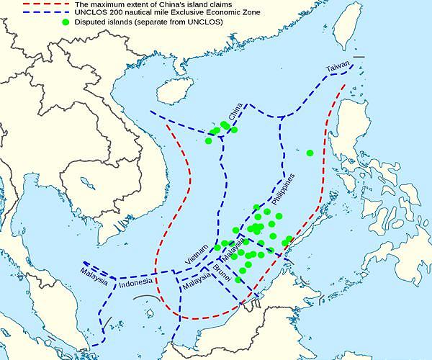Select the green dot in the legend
[x=66, y=22]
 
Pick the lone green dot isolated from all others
[x=310, y=153]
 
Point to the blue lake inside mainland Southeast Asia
[x=88, y=183]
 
